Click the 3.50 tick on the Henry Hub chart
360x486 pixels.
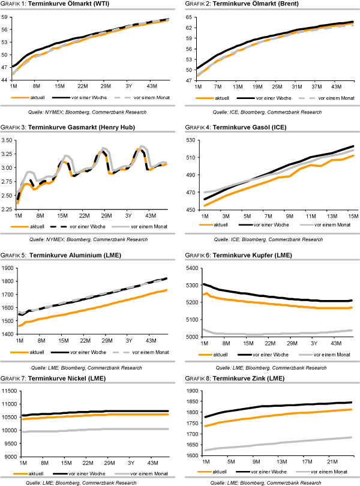[8, 140]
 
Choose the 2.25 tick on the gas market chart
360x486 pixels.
[8, 209]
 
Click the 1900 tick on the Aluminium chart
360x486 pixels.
[8, 268]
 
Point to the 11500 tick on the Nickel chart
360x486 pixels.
[10, 391]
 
